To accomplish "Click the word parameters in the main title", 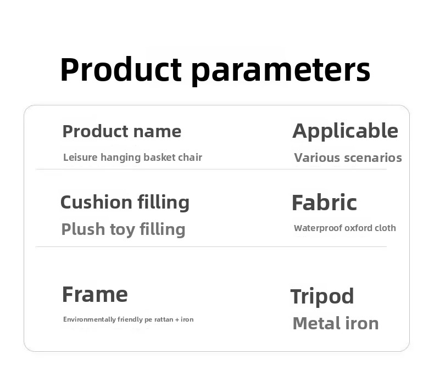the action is (281, 71).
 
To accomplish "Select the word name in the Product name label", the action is (157, 132).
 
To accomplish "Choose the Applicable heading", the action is (345, 132).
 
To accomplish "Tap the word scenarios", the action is (373, 158).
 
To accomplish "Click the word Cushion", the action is (96, 202).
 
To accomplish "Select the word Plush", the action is (83, 229).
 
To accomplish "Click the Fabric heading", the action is (324, 203).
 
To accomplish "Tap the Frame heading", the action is (95, 294).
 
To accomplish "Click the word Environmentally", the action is (90, 319).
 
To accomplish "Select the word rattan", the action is (164, 319).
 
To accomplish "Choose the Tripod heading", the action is (322, 296).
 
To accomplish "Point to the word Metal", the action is (313, 323).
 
